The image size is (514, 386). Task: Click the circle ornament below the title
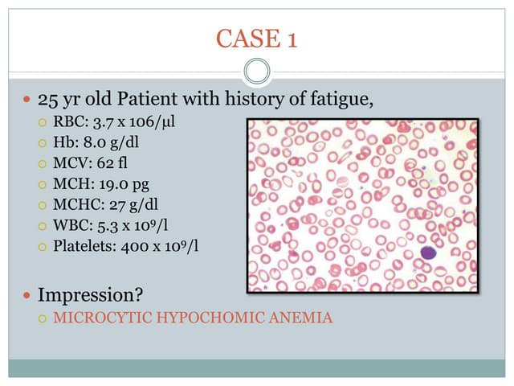(x=257, y=72)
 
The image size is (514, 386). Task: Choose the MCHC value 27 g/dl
(x=128, y=204)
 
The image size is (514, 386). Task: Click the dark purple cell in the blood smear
(x=427, y=253)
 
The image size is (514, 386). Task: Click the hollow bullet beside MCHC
(x=44, y=204)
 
